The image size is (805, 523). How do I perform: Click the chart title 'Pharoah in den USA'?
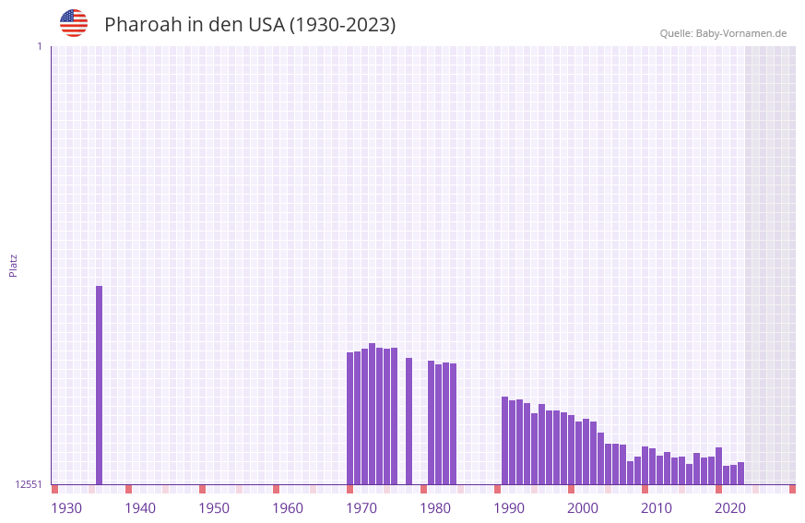[250, 25]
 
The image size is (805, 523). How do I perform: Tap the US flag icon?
[74, 23]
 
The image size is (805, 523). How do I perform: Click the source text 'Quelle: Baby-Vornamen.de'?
[723, 33]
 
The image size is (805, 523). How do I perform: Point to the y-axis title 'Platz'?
[13, 265]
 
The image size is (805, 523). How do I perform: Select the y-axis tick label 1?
[39, 46]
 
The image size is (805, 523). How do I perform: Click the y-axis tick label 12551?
[29, 484]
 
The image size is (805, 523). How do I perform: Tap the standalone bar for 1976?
[409, 421]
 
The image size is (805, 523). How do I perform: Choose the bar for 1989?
[505, 440]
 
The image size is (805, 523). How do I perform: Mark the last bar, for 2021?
[741, 473]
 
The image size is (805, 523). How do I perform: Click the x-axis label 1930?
[66, 508]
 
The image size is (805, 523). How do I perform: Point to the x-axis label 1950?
[214, 508]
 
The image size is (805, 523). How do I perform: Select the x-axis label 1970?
[361, 508]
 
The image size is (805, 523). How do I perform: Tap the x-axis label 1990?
[509, 508]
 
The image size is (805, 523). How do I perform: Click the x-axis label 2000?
[583, 508]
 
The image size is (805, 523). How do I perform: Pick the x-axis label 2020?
[730, 508]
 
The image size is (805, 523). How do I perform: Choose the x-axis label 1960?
[288, 508]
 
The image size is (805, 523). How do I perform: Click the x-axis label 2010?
[657, 508]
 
